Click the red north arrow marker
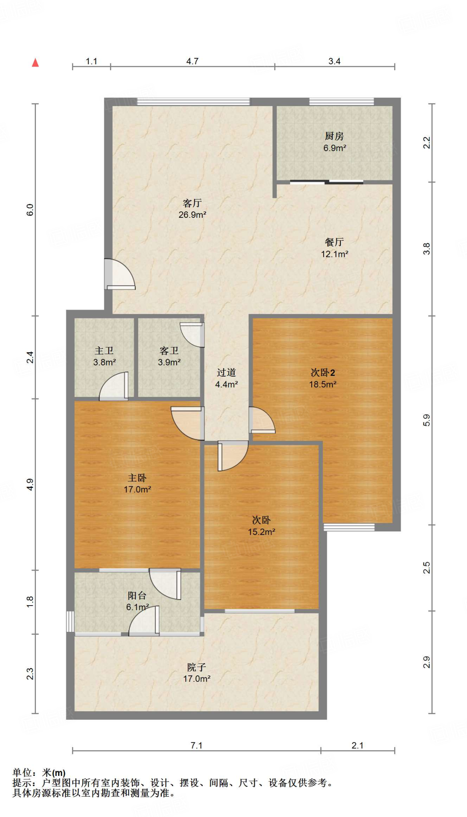coord(36,62)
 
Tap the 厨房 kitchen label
coord(334,136)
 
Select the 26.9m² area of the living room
coord(193,215)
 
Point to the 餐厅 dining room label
coord(334,242)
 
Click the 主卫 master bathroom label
coord(104,351)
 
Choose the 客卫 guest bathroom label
coord(169,351)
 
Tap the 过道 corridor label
coord(227,373)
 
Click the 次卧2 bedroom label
coord(323,373)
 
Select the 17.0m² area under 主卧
coord(137,489)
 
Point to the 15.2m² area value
coord(262,531)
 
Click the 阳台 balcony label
coord(137,596)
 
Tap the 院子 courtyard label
coord(197,667)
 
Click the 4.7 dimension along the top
coord(193,61)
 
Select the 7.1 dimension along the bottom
coord(197,745)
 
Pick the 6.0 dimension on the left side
coord(30,210)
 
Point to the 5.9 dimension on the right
coord(427,420)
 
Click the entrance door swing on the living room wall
coord(120,274)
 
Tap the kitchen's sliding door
coord(327,182)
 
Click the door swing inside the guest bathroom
coord(192,334)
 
